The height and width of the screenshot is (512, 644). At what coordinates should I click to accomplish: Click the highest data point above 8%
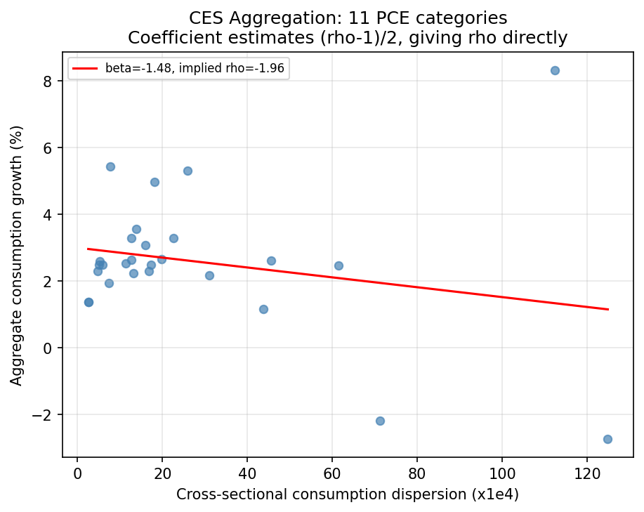pos(555,70)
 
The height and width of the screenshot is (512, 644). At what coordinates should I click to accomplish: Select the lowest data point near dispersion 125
pos(607,439)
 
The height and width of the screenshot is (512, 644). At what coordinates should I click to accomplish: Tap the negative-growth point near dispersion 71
pos(380,421)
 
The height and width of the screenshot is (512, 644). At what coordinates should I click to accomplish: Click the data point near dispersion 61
pos(339,265)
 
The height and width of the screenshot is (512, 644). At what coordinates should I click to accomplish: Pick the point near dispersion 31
pos(209,275)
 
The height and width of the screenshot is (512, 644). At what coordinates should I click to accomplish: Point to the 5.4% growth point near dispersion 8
pos(110,166)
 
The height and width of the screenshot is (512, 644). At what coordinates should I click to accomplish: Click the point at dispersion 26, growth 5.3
pos(188,171)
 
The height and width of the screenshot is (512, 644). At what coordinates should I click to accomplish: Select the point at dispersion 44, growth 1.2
pos(263,309)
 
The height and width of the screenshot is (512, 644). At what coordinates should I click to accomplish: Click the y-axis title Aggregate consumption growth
pos(16,256)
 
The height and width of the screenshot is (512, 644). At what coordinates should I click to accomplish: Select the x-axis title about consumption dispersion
pos(348,494)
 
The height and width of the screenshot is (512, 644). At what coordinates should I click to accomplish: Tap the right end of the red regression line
pos(607,309)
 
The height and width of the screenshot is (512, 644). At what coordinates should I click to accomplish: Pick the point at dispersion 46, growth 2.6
pos(271,261)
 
